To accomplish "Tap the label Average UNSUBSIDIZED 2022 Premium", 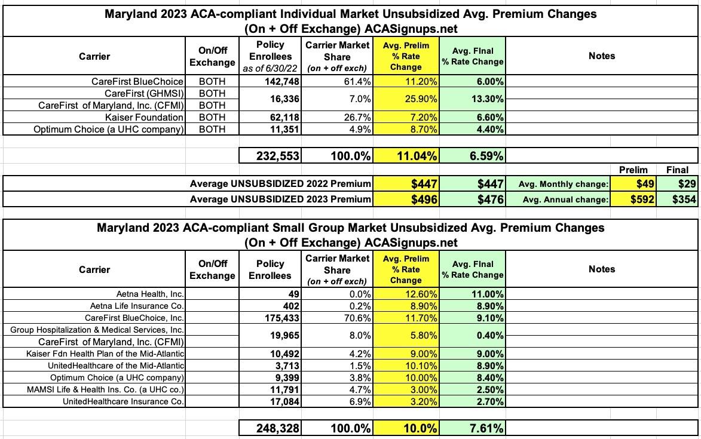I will coord(280,183).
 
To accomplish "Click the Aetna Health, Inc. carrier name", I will coord(151,294).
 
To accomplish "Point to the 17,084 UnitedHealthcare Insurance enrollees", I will coord(281,401).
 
